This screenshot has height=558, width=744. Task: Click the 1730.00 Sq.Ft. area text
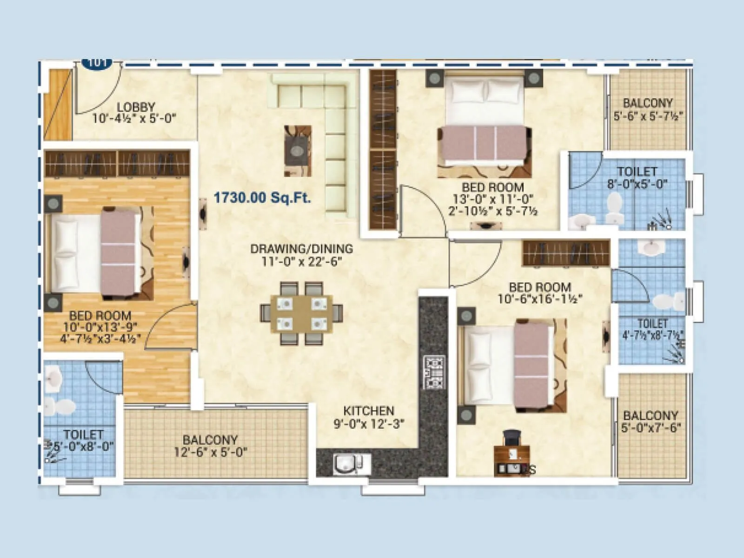coord(262,198)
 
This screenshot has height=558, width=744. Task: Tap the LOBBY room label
coord(135,107)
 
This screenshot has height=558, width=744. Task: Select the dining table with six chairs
coord(301,313)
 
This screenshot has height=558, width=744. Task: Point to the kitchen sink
coord(345,465)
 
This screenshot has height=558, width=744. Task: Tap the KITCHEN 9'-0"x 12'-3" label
coord(369,417)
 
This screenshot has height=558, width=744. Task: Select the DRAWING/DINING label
coord(301,249)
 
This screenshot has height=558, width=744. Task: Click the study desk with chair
coord(511,453)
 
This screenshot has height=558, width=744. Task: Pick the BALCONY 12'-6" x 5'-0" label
coord(210,445)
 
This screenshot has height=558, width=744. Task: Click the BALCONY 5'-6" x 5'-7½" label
coord(647,109)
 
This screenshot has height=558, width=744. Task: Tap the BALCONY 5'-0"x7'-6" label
coord(650,421)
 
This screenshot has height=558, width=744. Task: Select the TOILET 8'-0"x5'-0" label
coord(637,178)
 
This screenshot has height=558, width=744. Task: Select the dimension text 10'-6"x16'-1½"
coord(539,299)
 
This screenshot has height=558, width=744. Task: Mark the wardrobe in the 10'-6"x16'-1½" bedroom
coord(566,253)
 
